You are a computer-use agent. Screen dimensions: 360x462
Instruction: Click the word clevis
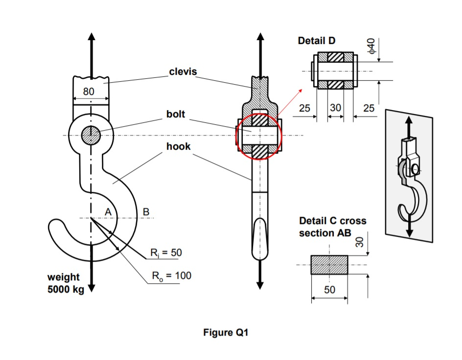tap(183, 72)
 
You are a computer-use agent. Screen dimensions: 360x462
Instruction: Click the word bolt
tap(176, 114)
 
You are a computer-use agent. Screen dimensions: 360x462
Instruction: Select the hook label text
tap(178, 146)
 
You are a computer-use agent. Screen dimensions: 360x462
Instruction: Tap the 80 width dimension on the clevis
tap(89, 91)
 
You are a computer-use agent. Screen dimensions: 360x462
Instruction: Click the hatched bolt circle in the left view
tap(91, 135)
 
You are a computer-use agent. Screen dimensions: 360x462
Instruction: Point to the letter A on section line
tap(108, 211)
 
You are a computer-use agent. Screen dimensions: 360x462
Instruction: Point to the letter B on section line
tap(145, 211)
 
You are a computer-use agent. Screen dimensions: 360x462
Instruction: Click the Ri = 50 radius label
tap(166, 253)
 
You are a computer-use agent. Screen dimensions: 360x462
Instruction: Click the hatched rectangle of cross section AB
tap(329, 265)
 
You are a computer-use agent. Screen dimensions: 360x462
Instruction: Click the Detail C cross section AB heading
tap(332, 227)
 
